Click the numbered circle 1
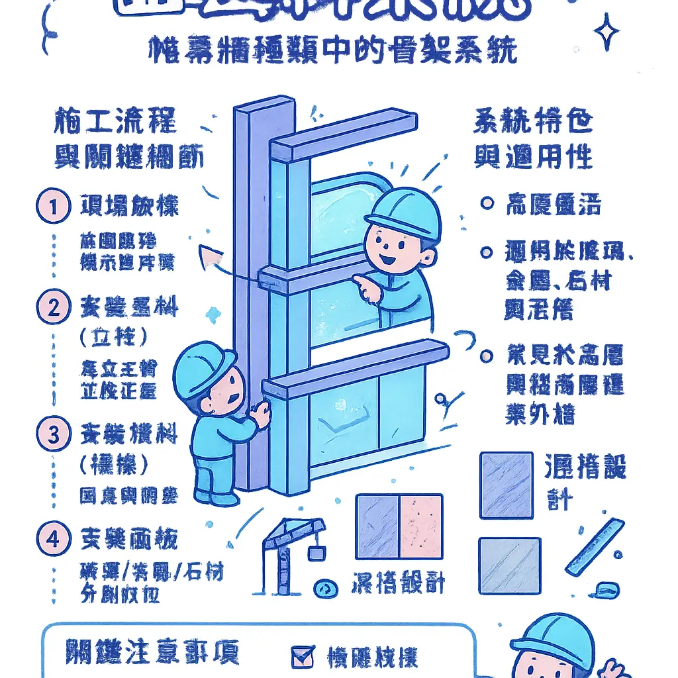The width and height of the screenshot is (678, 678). [52, 207]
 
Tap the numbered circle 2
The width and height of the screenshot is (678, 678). [53, 308]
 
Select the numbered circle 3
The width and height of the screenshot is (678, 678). [53, 435]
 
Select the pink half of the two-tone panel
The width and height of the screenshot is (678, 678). [420, 526]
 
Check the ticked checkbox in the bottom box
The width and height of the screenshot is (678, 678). [303, 657]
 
